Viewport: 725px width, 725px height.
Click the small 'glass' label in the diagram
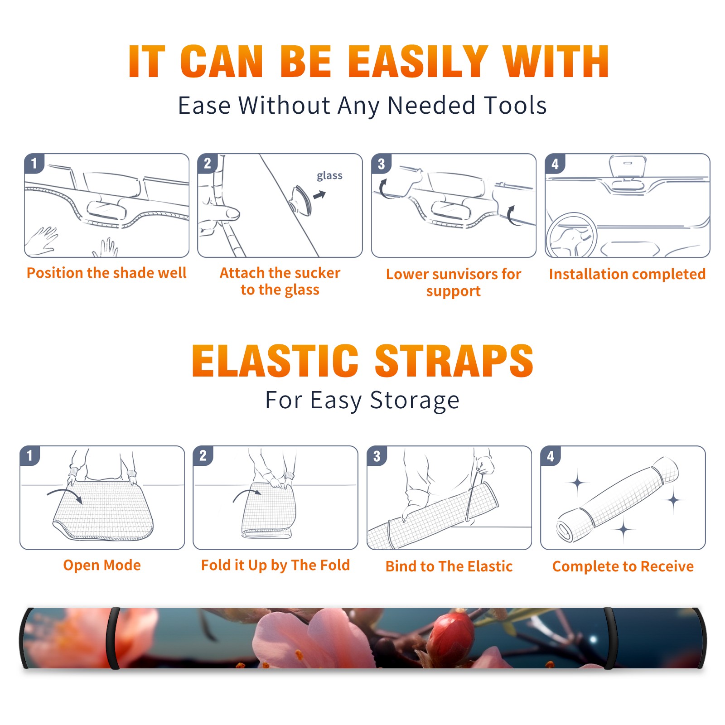click(x=329, y=176)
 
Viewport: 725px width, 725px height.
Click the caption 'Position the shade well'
click(x=106, y=273)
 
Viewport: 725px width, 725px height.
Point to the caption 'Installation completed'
click(x=627, y=274)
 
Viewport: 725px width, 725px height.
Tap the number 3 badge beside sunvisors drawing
click(x=381, y=164)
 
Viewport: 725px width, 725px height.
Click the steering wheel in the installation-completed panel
click(x=571, y=236)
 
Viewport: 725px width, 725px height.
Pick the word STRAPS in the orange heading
click(x=454, y=361)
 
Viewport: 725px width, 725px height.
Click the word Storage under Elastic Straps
click(x=415, y=401)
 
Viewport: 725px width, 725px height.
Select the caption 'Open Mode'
click(x=102, y=565)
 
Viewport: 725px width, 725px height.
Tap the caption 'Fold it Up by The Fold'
click(x=275, y=565)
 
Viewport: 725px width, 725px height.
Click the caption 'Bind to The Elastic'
click(x=449, y=566)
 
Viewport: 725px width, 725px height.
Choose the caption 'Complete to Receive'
click(x=623, y=566)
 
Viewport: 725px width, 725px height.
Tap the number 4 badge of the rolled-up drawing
click(x=551, y=456)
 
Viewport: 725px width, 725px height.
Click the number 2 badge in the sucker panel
click(x=208, y=164)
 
